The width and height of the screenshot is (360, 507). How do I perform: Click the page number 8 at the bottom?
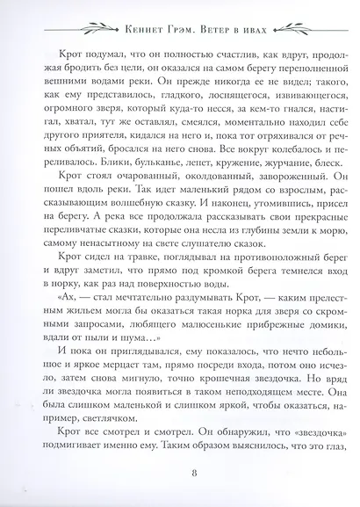pyautogui.click(x=179, y=478)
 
